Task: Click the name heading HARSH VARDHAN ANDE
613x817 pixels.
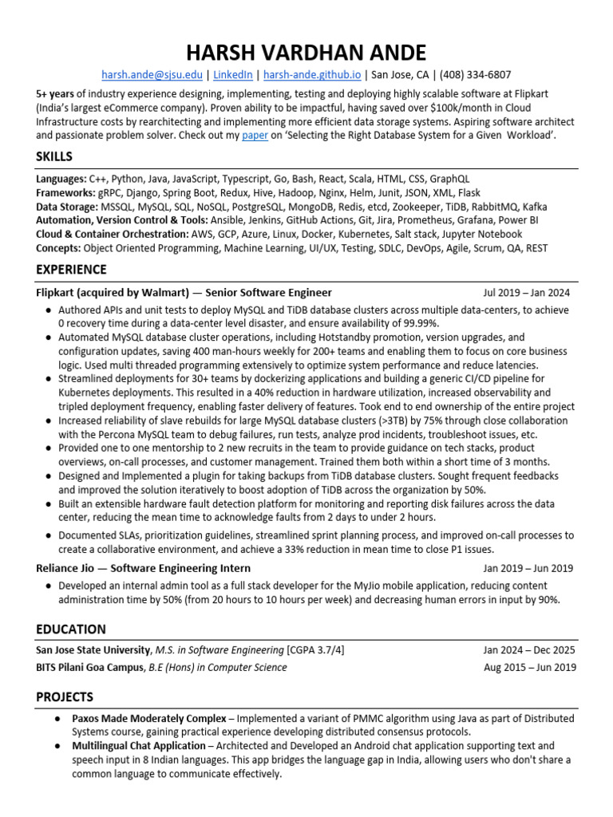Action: pyautogui.click(x=306, y=53)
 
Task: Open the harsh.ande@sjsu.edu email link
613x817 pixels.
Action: pyautogui.click(x=150, y=75)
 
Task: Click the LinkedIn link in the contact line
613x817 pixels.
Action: pyautogui.click(x=233, y=75)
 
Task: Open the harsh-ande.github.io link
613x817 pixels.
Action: pyautogui.click(x=312, y=75)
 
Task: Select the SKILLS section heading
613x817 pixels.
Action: pyautogui.click(x=54, y=156)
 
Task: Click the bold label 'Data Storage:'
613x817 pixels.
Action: pyautogui.click(x=67, y=207)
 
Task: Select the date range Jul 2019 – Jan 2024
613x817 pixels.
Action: pyautogui.click(x=527, y=293)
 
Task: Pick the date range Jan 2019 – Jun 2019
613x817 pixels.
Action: pyautogui.click(x=528, y=569)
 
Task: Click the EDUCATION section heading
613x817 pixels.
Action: pyautogui.click(x=71, y=629)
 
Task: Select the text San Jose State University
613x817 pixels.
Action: pyautogui.click(x=93, y=650)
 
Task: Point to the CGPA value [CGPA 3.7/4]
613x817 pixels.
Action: pyautogui.click(x=316, y=650)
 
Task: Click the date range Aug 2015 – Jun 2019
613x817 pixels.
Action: pyautogui.click(x=529, y=667)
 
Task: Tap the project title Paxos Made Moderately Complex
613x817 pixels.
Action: pyautogui.click(x=148, y=718)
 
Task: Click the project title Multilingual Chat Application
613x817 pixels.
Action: pyautogui.click(x=139, y=746)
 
